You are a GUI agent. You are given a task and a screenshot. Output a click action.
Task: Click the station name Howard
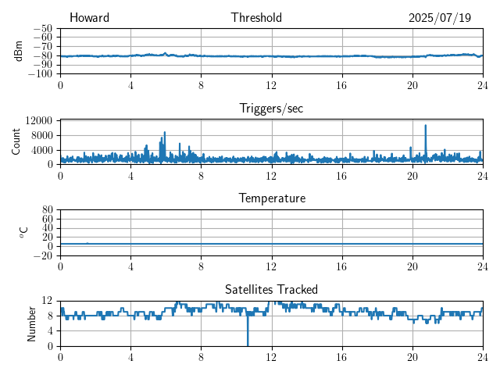click(89, 18)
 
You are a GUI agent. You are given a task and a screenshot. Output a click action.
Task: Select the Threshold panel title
click(256, 18)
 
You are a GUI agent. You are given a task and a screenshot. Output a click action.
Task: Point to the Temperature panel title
click(271, 198)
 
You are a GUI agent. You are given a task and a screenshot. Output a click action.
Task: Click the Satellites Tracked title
click(271, 289)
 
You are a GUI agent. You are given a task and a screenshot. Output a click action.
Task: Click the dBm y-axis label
click(18, 51)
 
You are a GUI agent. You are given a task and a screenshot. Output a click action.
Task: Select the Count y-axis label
click(16, 141)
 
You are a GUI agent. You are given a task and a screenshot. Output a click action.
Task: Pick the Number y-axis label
click(31, 323)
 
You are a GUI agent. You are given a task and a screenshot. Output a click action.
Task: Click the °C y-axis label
click(23, 232)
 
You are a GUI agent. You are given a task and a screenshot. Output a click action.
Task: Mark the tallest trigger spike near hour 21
click(426, 126)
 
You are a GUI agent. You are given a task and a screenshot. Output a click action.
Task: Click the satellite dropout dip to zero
click(248, 344)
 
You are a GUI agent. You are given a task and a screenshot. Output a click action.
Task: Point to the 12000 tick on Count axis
click(38, 120)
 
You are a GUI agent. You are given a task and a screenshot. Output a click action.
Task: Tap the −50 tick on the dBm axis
click(42, 28)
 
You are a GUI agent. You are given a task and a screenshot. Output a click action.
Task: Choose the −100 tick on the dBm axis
click(40, 74)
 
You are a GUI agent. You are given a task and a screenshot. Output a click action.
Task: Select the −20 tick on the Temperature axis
click(42, 255)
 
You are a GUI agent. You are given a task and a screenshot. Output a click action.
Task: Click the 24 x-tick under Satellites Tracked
click(482, 355)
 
